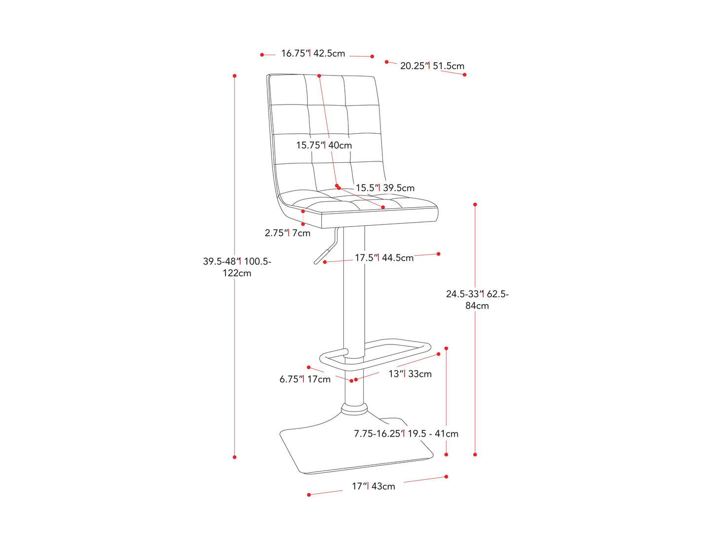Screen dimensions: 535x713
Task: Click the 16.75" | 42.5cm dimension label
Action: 313,53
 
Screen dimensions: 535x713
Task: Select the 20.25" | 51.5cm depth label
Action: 432,66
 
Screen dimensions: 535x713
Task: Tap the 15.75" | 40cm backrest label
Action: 324,145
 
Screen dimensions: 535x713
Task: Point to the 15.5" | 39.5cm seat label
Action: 385,188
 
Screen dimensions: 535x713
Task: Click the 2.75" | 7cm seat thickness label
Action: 287,233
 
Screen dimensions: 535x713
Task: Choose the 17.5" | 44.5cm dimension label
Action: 384,258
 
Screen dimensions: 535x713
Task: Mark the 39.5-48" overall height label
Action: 237,267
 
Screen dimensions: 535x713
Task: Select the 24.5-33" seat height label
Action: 477,300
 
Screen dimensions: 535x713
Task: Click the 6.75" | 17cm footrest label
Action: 305,379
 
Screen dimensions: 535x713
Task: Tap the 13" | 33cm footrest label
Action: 410,374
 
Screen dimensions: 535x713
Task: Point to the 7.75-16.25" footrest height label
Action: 406,433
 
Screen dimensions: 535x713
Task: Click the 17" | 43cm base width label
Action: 373,486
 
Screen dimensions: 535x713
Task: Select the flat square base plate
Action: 355,449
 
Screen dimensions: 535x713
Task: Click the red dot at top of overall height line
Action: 235,76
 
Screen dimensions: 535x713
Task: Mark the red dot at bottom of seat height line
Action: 475,455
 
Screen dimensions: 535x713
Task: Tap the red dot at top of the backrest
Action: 319,76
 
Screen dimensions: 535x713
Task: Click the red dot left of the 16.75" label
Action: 262,55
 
